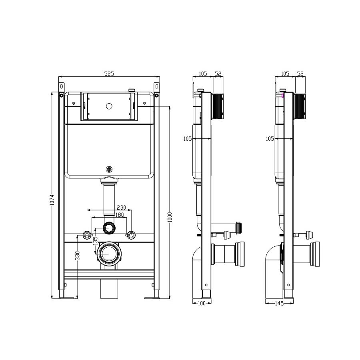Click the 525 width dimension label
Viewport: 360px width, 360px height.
[x=109, y=74]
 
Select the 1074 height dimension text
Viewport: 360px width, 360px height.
[x=52, y=200]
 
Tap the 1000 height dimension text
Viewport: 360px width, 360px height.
[x=170, y=217]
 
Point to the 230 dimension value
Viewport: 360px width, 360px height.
[x=122, y=207]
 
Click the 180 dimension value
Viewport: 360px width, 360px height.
[x=119, y=215]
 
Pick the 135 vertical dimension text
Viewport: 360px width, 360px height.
[x=96, y=241]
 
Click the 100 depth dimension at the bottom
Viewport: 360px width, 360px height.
[x=201, y=303]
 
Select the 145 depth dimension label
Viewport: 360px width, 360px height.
[x=279, y=303]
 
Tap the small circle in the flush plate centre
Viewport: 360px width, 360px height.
[x=109, y=106]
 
